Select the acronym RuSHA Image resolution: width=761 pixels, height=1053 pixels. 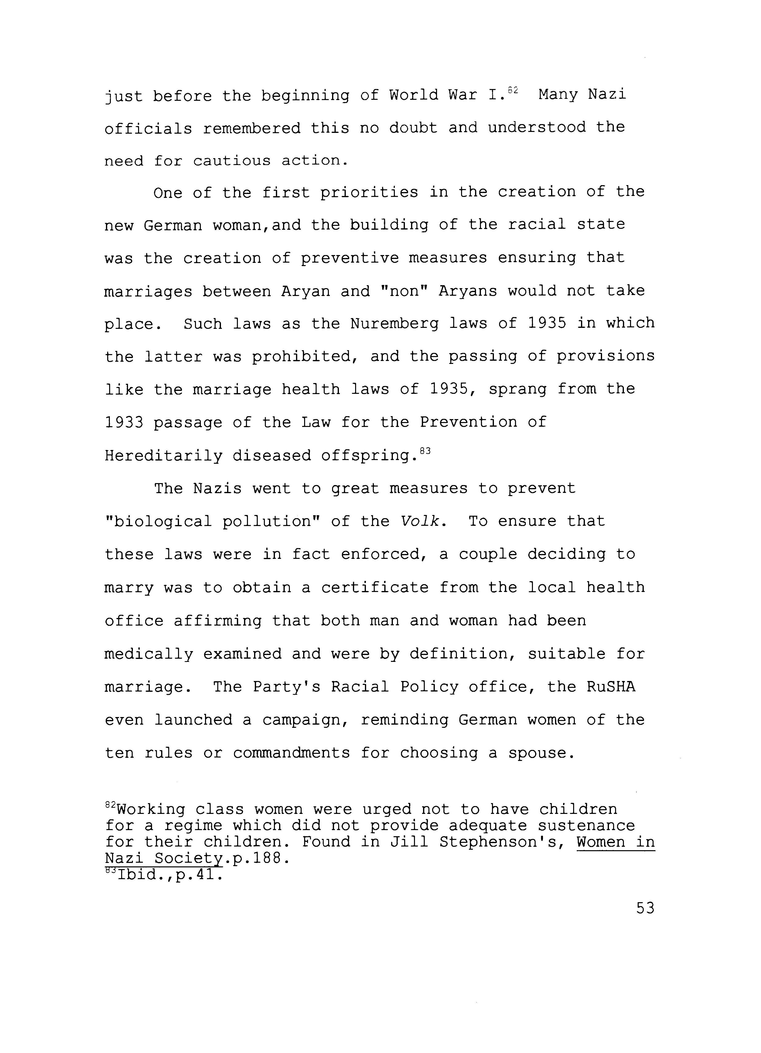(x=611, y=687)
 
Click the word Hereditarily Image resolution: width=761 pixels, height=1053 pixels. (x=163, y=456)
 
